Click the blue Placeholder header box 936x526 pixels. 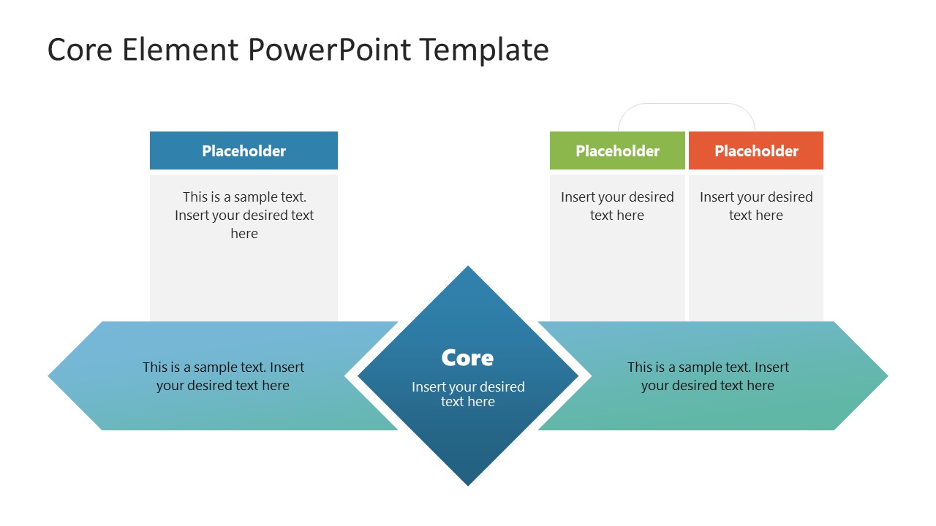244,150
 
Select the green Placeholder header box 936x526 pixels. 617,150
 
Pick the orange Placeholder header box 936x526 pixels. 756,150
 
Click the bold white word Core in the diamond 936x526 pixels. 467,358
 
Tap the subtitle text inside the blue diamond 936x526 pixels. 468,394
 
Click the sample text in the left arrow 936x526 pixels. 223,376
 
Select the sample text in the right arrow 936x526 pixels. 708,376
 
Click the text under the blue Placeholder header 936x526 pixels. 244,215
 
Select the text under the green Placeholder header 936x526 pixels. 617,206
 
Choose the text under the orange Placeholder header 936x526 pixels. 756,206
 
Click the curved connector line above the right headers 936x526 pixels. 687,104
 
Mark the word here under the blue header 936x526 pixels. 244,234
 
